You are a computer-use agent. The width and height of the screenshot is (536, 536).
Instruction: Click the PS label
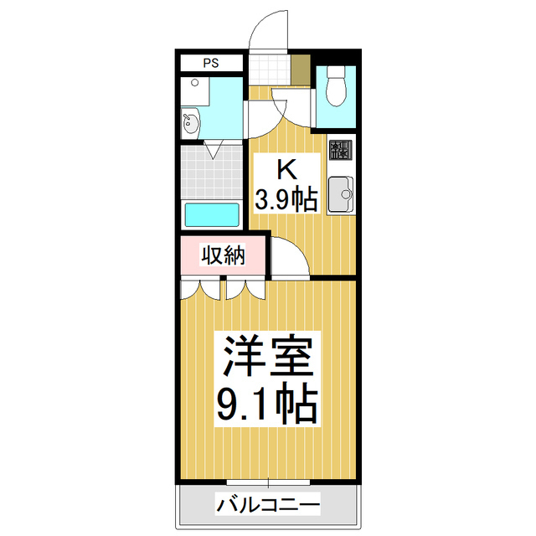[x=211, y=63]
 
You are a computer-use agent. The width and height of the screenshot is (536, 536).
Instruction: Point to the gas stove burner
[x=340, y=151]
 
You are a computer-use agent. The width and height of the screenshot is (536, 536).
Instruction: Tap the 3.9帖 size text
[x=286, y=199]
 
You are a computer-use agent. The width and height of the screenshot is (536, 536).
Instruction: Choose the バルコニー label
[x=267, y=505]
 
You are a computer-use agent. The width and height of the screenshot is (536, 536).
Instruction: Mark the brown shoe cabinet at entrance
[x=300, y=70]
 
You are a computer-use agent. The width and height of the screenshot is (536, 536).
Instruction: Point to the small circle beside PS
[x=194, y=83]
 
